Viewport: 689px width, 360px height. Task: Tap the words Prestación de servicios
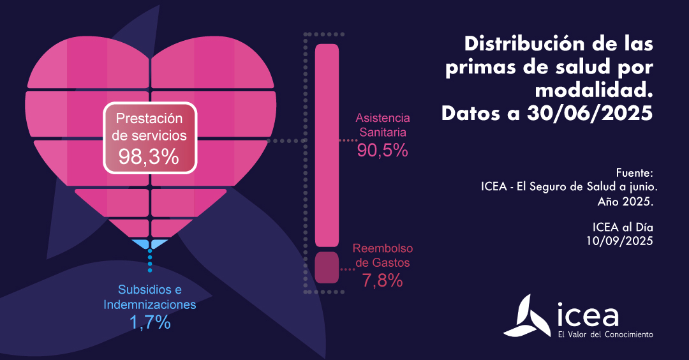(151, 127)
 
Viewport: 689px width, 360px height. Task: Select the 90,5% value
(382, 151)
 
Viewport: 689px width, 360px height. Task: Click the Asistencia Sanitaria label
(383, 126)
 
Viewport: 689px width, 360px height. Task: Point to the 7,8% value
(382, 280)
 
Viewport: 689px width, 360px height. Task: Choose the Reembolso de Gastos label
(383, 255)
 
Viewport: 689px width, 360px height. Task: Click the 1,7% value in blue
(150, 322)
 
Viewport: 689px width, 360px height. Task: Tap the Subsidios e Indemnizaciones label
(150, 297)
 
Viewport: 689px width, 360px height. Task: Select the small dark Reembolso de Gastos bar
(327, 267)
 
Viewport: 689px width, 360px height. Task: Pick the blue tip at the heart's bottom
(150, 243)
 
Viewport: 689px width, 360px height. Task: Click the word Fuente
(635, 173)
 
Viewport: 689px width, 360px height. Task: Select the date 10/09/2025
(620, 241)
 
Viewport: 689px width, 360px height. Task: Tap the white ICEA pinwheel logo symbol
(526, 316)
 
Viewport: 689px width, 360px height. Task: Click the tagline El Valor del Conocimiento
(605, 334)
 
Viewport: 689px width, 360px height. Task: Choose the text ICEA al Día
(623, 227)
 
